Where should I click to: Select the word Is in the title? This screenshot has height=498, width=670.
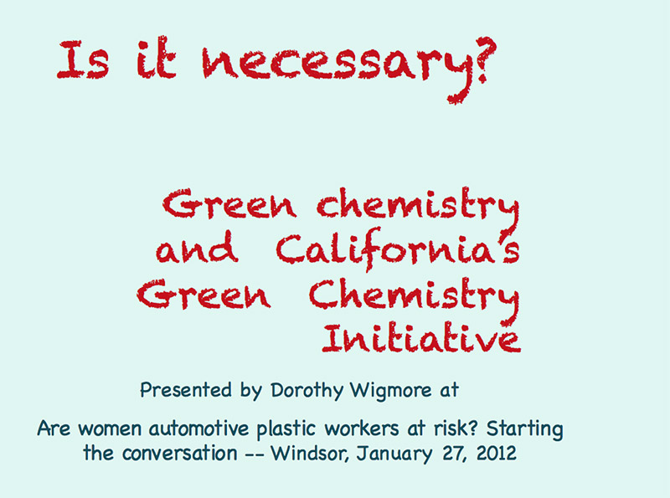(x=83, y=59)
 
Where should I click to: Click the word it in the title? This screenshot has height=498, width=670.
(x=156, y=59)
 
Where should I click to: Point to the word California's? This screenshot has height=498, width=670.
(x=398, y=248)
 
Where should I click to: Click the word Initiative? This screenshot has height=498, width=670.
(x=421, y=338)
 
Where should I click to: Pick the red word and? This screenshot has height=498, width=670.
(x=197, y=247)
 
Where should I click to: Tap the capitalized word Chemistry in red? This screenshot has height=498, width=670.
(x=415, y=297)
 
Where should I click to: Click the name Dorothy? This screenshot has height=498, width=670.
(x=307, y=390)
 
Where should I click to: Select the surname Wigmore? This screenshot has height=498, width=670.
(x=391, y=390)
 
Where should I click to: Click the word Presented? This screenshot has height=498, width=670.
(x=186, y=389)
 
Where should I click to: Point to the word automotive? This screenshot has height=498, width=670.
(x=198, y=429)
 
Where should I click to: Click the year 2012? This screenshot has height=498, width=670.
(x=496, y=453)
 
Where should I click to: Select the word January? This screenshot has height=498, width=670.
(x=394, y=454)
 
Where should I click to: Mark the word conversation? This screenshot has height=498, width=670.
(x=179, y=454)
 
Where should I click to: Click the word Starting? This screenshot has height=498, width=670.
(x=525, y=429)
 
